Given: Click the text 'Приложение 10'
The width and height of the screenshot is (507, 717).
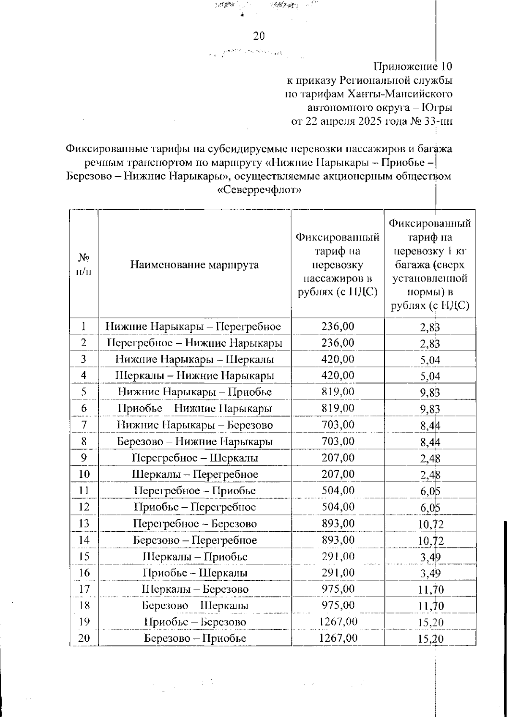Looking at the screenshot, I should pos(413,67).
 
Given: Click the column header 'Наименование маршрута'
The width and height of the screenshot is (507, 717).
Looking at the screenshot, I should pos(194,265).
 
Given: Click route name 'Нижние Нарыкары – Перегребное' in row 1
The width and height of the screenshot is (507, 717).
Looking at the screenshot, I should pos(194,326).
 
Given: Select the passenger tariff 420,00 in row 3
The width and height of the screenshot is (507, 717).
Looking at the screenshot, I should pos(338,359).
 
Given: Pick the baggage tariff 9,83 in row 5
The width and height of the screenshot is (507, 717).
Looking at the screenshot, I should pos(430,393).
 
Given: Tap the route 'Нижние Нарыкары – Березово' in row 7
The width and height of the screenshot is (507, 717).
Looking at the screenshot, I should pos(195,425).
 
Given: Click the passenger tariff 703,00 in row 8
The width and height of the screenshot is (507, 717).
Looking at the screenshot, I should pos(338,441).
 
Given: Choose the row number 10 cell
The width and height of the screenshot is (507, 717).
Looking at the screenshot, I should pos(84,474).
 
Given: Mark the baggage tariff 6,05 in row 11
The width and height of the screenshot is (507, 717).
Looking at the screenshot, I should pos(430,491).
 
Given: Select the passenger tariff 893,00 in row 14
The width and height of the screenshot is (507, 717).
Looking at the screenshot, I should pos(338,540).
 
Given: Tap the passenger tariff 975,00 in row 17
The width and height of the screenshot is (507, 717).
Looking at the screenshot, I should pos(338,589).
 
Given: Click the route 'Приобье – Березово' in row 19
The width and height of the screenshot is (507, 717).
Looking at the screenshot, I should pos(195,622).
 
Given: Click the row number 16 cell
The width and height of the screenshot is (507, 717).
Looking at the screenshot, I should pos(84,573).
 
